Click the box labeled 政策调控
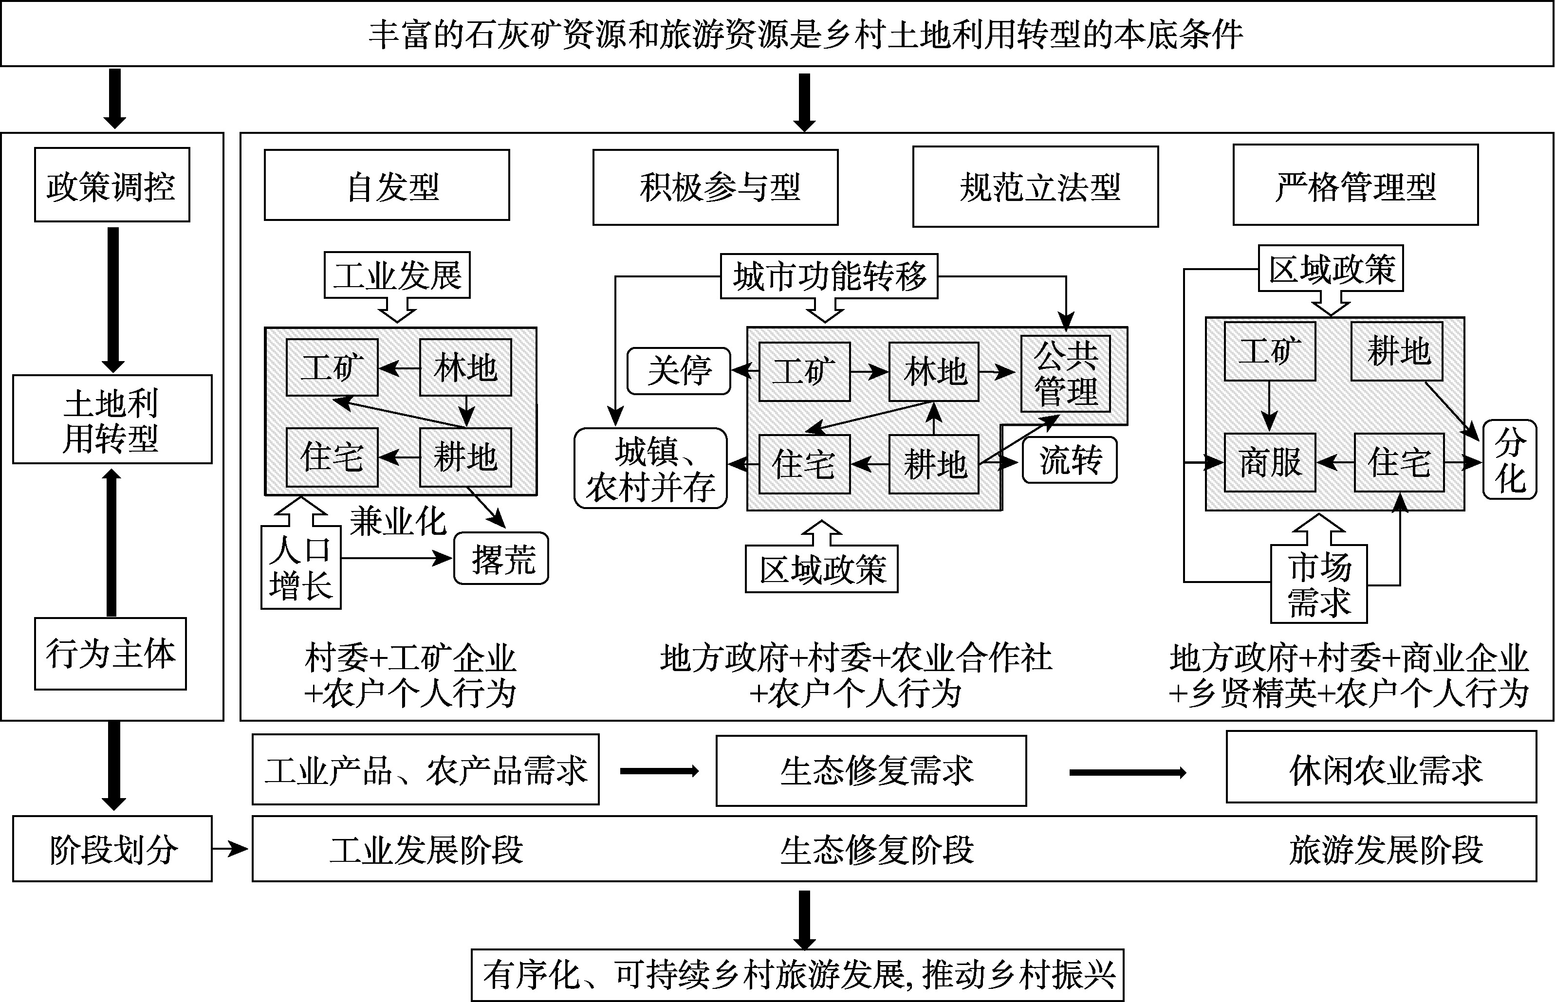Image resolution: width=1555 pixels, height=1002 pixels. (112, 185)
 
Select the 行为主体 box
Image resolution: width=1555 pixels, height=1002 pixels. (110, 653)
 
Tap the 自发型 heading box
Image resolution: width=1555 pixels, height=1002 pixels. (387, 185)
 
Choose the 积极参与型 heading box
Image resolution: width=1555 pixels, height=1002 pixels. (715, 187)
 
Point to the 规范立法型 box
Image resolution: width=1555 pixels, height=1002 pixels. (1035, 187)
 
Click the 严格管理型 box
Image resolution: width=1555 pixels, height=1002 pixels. (1355, 185)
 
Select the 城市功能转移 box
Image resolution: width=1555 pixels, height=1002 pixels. (829, 276)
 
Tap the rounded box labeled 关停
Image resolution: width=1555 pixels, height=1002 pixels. (679, 371)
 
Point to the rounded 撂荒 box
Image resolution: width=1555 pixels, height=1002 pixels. (501, 558)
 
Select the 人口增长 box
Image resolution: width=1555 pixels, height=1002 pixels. (301, 567)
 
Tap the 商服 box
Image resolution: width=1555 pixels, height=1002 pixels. (1269, 463)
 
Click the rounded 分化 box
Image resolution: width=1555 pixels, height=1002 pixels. (1509, 460)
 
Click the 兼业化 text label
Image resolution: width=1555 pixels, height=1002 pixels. (398, 521)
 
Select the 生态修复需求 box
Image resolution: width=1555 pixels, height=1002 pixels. (871, 771)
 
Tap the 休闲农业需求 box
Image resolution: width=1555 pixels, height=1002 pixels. (1381, 768)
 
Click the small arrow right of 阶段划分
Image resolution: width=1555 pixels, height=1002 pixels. (231, 848)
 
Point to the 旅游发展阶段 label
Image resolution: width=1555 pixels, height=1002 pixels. (1385, 850)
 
